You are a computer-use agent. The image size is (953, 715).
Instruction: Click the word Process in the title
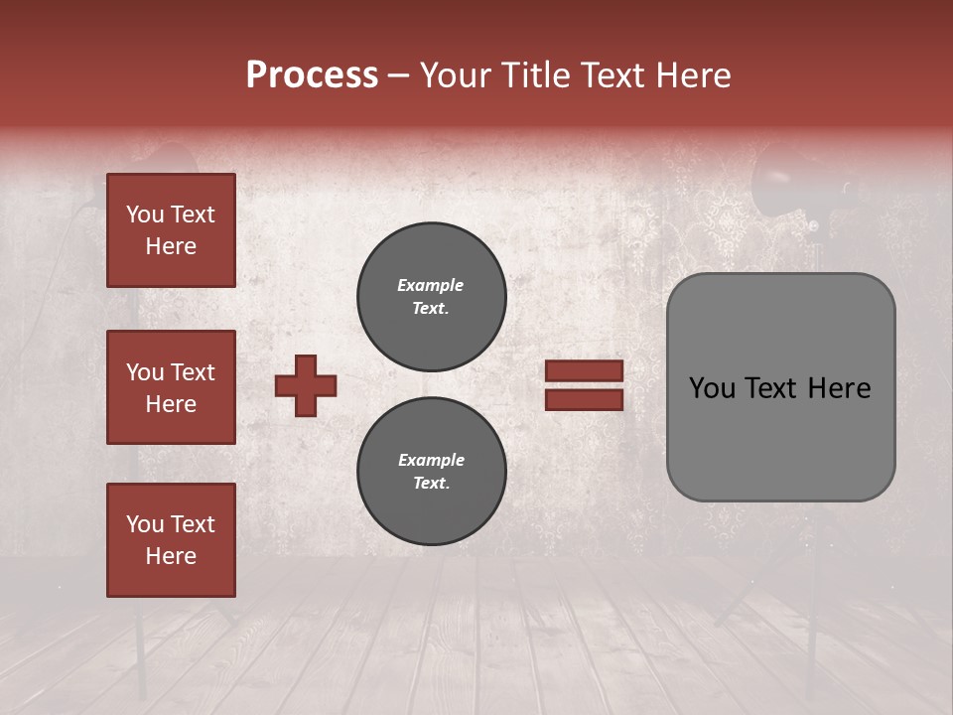tap(312, 75)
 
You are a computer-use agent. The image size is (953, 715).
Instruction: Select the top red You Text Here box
tap(171, 230)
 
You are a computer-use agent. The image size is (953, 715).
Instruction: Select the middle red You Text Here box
tap(171, 387)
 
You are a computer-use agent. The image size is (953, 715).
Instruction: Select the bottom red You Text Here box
tap(171, 540)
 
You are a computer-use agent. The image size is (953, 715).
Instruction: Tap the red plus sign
tap(306, 385)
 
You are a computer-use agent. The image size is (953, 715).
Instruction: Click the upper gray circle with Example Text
tap(431, 297)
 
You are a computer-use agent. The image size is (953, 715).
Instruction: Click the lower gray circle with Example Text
tap(431, 472)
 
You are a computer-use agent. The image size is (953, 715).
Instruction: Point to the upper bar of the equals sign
tap(585, 371)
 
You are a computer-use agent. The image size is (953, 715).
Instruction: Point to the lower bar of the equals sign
tap(585, 400)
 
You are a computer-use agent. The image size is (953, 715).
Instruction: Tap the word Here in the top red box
tap(171, 246)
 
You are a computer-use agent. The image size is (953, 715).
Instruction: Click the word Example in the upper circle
tap(431, 285)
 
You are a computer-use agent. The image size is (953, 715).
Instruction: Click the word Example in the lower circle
tap(431, 460)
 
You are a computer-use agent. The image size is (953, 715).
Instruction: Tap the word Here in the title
tap(695, 75)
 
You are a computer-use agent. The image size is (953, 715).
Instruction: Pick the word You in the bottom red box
tap(144, 524)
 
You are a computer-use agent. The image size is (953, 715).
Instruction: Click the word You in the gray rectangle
tap(712, 388)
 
